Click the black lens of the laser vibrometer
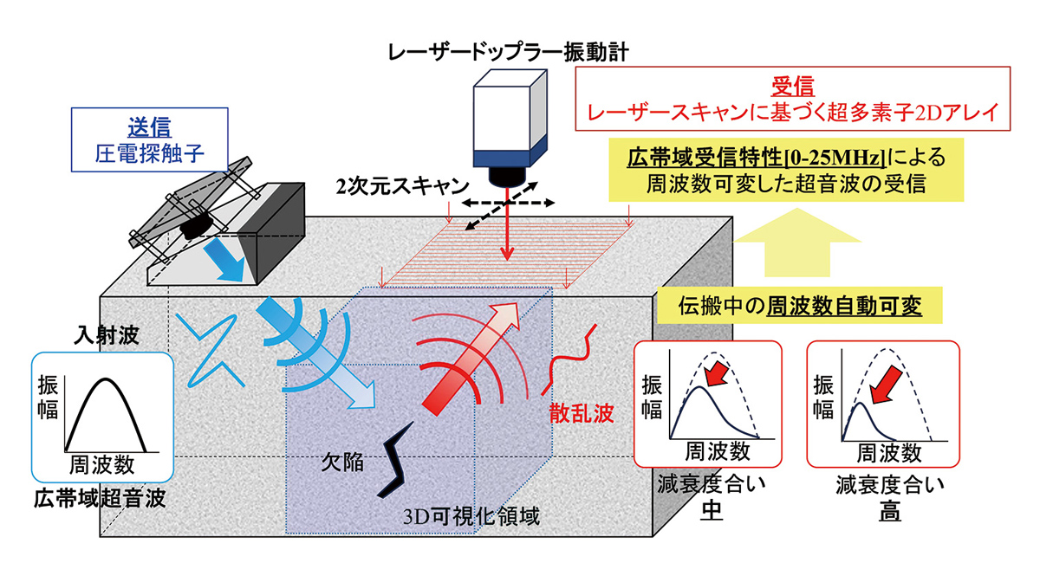[x=509, y=177]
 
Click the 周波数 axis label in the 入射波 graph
[x=101, y=465]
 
